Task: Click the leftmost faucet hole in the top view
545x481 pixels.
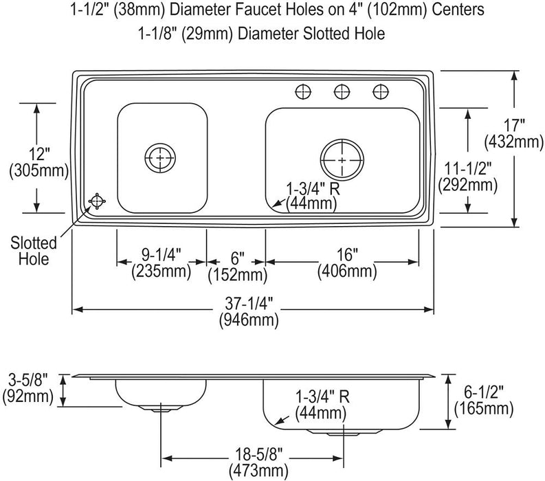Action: point(303,92)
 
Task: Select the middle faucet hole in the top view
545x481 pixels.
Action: point(342,92)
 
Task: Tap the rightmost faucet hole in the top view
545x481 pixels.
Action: point(381,92)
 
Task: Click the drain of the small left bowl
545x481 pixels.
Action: point(160,158)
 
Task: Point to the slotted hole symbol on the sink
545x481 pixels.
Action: point(97,201)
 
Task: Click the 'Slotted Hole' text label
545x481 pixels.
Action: point(34,251)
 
